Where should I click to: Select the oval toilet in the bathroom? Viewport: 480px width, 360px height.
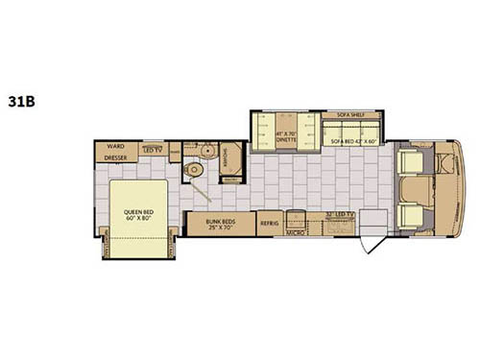coord(195,169)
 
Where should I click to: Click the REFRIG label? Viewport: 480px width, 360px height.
coord(269,223)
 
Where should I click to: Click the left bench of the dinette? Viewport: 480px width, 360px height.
coord(261,133)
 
